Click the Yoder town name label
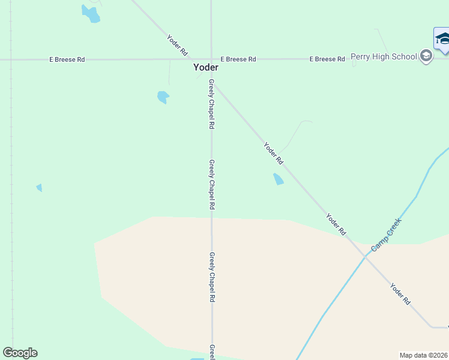click(x=205, y=68)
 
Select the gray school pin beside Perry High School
click(x=426, y=57)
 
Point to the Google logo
click(x=20, y=353)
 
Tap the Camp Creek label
click(x=385, y=235)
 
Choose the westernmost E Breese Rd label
click(x=67, y=59)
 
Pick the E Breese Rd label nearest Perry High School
click(x=327, y=59)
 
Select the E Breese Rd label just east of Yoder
click(x=238, y=59)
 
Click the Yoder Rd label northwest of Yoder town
click(x=177, y=46)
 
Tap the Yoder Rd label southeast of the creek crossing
click(x=400, y=293)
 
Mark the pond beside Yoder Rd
click(x=278, y=179)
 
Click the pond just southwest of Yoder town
click(x=163, y=97)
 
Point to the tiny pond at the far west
click(x=39, y=188)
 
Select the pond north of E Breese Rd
click(x=91, y=14)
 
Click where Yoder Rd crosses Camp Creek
click(x=366, y=255)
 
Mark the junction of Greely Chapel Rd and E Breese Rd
click(x=211, y=59)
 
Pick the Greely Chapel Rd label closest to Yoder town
click(x=211, y=104)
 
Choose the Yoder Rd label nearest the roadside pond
click(x=273, y=152)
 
